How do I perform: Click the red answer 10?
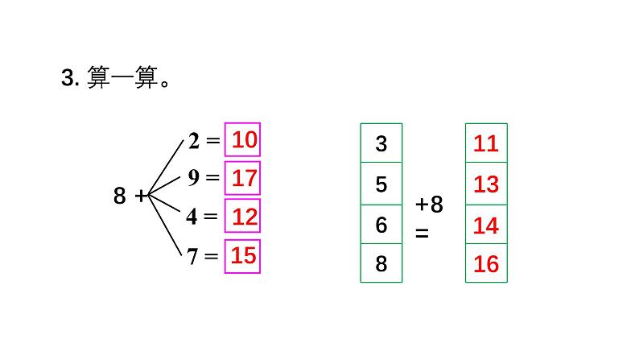coord(244,140)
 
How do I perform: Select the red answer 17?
coord(244,178)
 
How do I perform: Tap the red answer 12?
coord(244,216)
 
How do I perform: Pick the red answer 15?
coord(243,255)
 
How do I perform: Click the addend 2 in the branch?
coord(194,141)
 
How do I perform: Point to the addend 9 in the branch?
coord(194,178)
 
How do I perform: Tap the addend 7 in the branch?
coord(192,256)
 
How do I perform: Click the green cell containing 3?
coord(381,144)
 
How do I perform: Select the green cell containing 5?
coord(381,184)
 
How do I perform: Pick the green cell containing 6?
coord(381,225)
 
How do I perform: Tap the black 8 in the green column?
coord(381,263)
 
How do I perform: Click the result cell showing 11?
coord(486,144)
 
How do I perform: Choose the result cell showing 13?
coord(486,184)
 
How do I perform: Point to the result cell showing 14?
coord(486,225)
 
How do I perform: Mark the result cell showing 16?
coord(486,263)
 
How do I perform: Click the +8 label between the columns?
coord(430,205)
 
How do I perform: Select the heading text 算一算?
coord(113,79)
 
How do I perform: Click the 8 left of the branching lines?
coord(120,196)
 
